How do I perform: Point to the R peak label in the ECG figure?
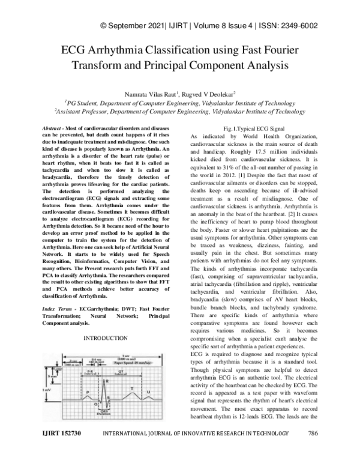(107, 382)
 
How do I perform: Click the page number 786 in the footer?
(311, 450)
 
